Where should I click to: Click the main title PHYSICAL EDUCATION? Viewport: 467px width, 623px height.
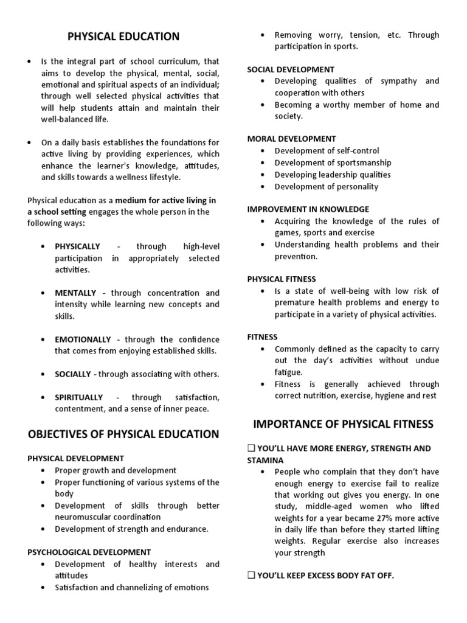point(123,37)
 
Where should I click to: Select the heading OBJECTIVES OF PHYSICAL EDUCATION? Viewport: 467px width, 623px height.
point(123,434)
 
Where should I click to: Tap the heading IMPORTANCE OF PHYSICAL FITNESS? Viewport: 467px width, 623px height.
point(344,424)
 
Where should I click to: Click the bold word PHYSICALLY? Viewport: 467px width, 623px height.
point(77,246)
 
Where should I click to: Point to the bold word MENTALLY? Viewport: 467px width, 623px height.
point(75,293)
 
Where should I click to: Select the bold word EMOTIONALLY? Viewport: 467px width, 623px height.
point(83,339)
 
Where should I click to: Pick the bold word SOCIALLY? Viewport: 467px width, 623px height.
point(73,374)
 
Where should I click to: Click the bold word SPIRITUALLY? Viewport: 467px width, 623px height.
point(79,397)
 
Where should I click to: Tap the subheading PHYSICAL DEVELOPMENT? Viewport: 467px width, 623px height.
point(76,458)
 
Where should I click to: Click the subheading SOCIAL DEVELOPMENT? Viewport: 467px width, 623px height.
point(291,69)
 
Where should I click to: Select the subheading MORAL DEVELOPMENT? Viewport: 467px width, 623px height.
point(291,139)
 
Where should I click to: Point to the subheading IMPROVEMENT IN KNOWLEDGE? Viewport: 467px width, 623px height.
point(308,209)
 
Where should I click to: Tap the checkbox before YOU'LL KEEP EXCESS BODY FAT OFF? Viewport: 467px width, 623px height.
point(251,576)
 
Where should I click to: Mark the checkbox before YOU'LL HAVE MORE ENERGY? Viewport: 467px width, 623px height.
point(251,448)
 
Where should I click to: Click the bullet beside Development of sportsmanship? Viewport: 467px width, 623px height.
point(262,163)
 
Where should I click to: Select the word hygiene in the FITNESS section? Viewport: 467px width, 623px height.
point(385,396)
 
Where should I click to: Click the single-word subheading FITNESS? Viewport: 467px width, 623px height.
point(262,337)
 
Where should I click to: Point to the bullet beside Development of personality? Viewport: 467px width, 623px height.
point(262,187)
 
